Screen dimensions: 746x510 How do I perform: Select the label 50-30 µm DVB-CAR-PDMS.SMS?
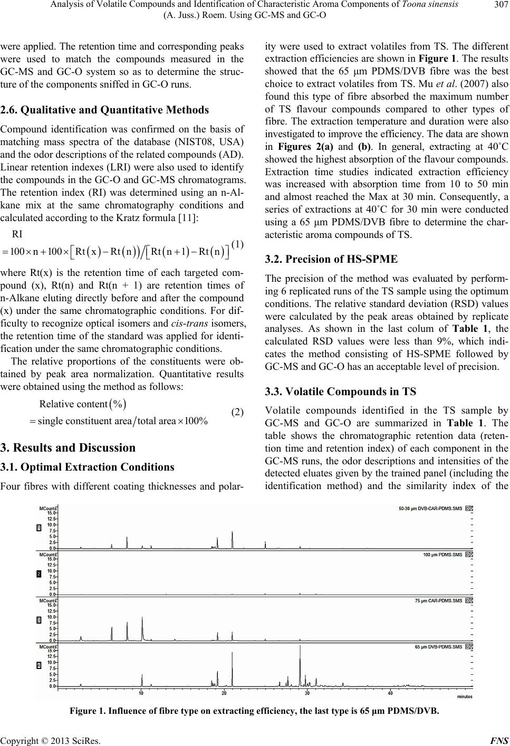pos(429,509)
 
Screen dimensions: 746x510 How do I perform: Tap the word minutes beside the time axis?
pos(464,697)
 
